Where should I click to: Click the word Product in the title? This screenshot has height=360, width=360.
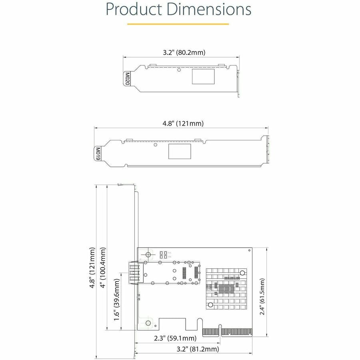coord(133,10)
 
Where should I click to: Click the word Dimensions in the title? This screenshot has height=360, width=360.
coord(209,10)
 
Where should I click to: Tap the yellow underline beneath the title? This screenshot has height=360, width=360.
coord(178,24)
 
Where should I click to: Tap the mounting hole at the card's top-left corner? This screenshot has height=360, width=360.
coord(148,254)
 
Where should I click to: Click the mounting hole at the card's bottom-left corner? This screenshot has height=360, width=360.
coord(148,323)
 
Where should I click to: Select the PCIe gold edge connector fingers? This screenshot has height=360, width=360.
coord(227,332)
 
